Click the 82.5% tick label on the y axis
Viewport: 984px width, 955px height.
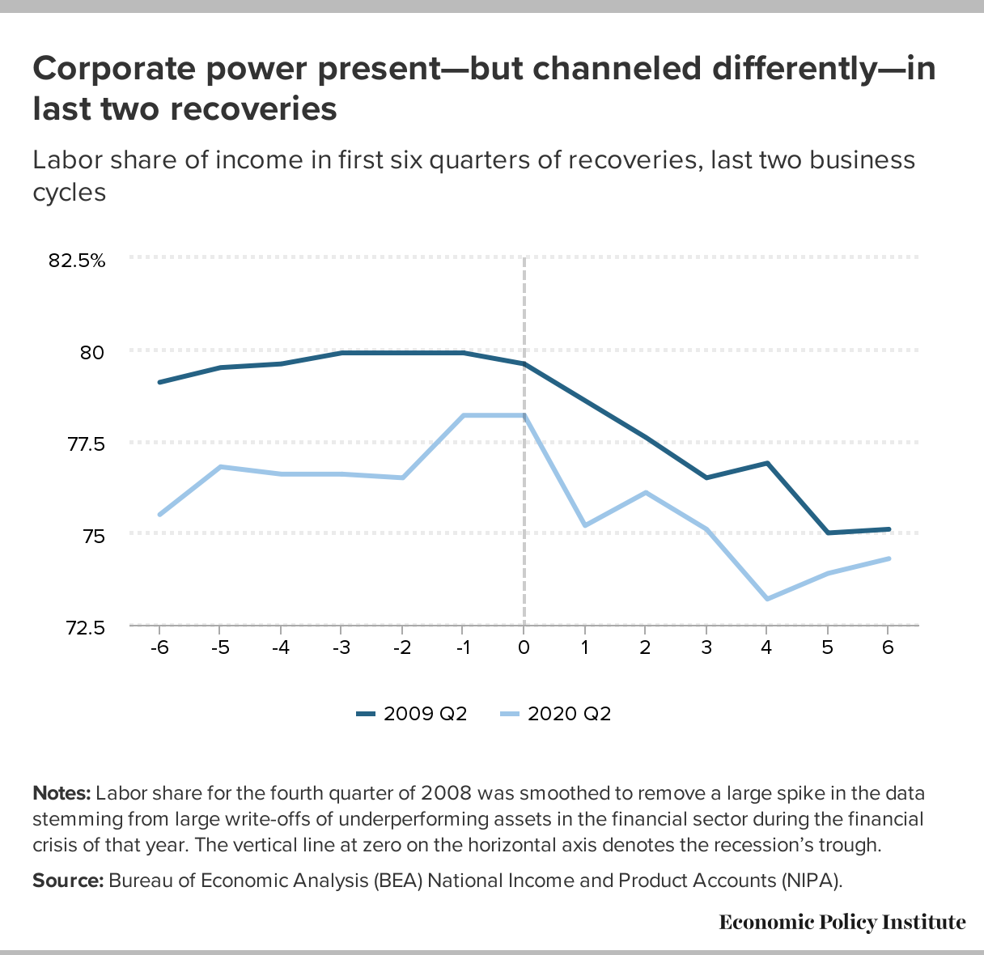click(77, 261)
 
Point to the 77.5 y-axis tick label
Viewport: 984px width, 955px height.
click(85, 444)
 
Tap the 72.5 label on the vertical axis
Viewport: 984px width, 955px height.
click(85, 627)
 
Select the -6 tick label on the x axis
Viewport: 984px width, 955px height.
click(159, 647)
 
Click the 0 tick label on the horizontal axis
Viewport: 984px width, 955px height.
click(524, 647)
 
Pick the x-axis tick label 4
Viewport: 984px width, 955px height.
click(766, 647)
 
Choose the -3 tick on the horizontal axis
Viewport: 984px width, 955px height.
click(341, 647)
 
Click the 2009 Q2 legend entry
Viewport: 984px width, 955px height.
click(412, 714)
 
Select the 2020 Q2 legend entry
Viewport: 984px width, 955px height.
click(556, 714)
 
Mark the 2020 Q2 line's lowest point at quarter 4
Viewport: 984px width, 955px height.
click(766, 599)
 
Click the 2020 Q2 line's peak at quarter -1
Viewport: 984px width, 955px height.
click(463, 415)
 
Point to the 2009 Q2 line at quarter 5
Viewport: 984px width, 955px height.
click(828, 533)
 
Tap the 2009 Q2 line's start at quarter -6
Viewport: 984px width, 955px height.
click(159, 382)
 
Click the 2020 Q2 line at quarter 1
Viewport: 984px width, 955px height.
click(584, 526)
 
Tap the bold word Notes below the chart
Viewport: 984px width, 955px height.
click(61, 792)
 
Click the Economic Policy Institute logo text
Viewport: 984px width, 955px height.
click(842, 923)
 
